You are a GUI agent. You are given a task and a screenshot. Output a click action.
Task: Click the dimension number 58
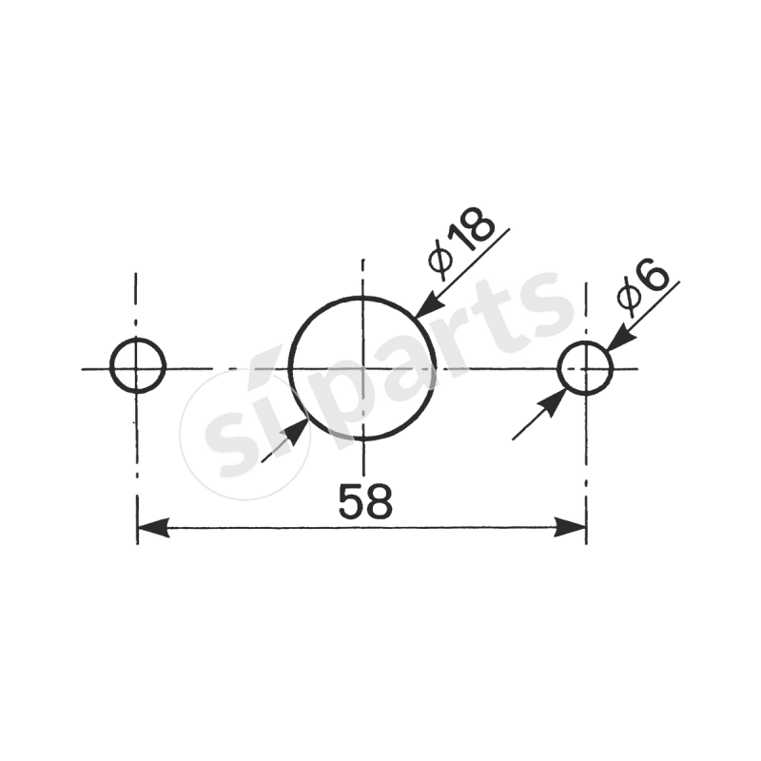click(365, 501)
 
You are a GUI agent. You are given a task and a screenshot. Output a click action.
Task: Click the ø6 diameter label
click(643, 288)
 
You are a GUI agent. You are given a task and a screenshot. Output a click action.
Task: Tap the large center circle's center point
click(362, 368)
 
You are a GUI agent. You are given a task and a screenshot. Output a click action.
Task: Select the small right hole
click(558, 368)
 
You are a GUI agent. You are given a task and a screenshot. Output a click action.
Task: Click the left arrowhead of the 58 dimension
click(153, 527)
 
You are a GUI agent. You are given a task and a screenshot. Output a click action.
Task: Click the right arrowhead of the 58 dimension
click(570, 527)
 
